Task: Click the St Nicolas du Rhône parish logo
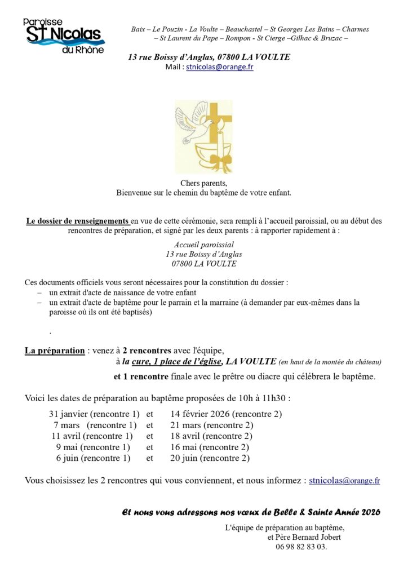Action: click(64, 35)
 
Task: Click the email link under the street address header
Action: click(219, 67)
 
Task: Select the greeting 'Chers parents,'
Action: click(203, 183)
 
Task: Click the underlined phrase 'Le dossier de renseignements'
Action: click(78, 221)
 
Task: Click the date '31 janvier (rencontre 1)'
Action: click(94, 414)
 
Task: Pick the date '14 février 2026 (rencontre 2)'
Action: click(226, 414)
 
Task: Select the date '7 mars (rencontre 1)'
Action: click(95, 425)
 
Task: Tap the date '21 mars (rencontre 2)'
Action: click(211, 425)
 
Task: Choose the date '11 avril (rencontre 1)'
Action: click(92, 436)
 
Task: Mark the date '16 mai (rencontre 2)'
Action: click(210, 447)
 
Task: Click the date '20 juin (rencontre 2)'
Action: click(210, 458)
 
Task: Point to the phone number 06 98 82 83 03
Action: click(301, 547)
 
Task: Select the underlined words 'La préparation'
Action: click(55, 350)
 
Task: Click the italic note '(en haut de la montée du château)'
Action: click(330, 362)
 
